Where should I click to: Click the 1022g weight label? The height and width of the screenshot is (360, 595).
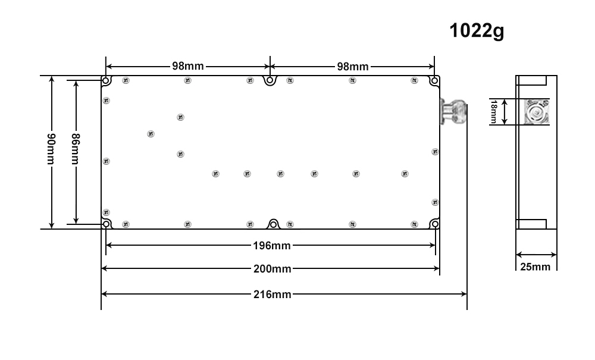click(477, 31)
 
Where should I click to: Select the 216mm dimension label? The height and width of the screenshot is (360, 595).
click(272, 295)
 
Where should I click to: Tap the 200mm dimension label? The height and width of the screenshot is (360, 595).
click(272, 269)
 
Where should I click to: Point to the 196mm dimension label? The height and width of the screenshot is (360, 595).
click(272, 246)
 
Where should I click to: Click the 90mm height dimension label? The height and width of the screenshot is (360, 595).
click(51, 149)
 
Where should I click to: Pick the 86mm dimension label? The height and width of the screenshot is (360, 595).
click(76, 149)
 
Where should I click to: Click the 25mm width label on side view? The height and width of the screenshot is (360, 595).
click(535, 267)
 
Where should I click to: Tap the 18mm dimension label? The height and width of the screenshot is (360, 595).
click(494, 111)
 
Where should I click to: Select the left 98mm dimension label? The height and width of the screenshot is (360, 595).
click(188, 66)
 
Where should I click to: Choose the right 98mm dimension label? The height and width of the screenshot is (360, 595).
click(352, 67)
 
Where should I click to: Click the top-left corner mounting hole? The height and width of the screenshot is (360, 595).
click(107, 80)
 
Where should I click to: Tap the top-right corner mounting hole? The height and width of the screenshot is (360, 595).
click(434, 80)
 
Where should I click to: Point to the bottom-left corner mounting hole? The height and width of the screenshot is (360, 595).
click(107, 224)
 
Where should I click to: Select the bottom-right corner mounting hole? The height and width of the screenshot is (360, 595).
click(435, 224)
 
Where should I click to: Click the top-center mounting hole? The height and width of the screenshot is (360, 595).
click(270, 80)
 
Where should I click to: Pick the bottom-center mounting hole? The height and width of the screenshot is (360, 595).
click(273, 224)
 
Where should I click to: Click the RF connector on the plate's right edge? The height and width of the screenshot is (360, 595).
click(453, 111)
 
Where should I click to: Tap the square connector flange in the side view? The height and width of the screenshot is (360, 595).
click(536, 112)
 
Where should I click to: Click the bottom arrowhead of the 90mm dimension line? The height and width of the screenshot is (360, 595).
click(52, 226)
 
